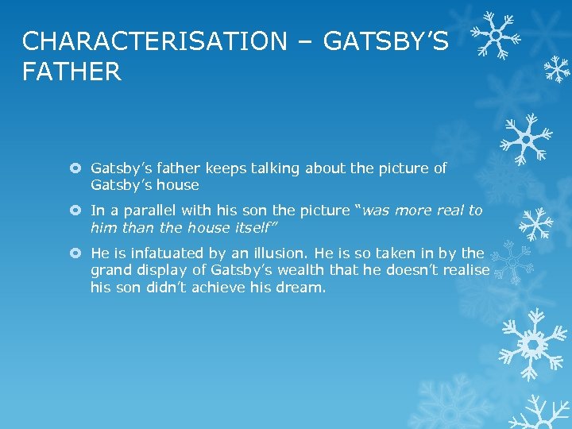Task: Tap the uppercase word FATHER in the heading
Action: coord(71,72)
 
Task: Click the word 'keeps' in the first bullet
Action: coord(226,168)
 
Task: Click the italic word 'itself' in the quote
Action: coord(252,227)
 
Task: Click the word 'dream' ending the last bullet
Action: coord(303,287)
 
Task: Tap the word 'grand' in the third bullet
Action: coord(110,270)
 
